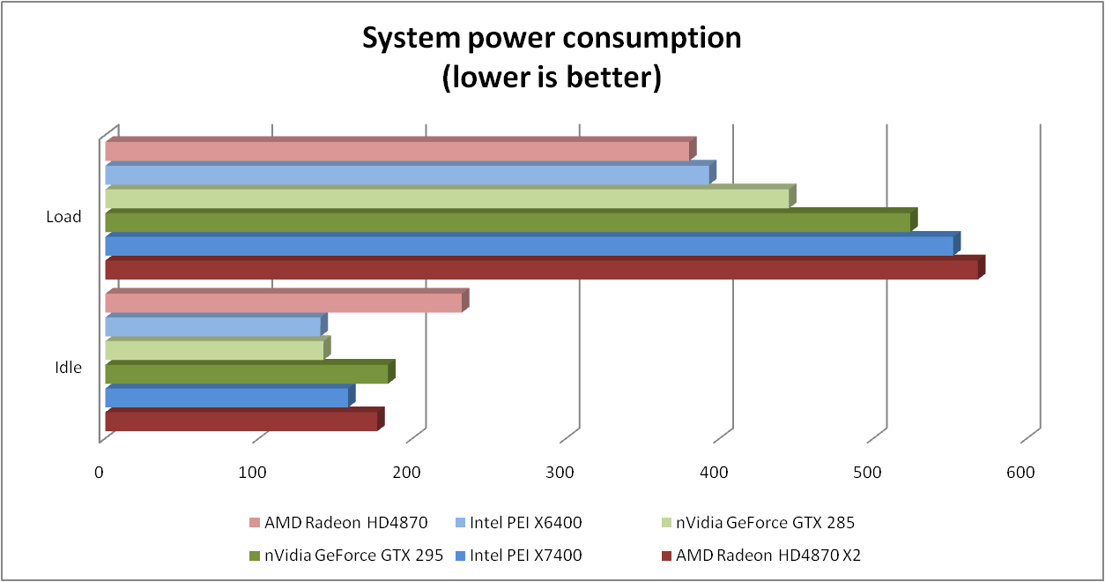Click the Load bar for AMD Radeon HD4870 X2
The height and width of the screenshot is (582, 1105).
coord(541,269)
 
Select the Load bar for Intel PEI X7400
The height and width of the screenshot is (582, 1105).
coord(529,246)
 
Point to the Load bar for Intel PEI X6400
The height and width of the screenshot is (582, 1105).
coord(406,175)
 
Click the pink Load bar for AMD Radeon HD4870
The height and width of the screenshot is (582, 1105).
coord(397,152)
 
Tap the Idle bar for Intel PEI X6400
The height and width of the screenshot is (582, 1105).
coord(212,326)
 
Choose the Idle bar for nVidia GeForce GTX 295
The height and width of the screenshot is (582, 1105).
coord(246,374)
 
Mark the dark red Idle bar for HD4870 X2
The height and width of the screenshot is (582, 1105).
coord(241,422)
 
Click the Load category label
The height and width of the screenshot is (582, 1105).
coord(63,217)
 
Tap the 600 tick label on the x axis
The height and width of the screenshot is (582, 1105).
coord(1021,473)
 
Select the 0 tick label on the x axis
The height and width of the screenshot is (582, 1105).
coord(100,473)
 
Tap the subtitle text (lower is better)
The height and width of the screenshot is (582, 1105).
coord(552,78)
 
